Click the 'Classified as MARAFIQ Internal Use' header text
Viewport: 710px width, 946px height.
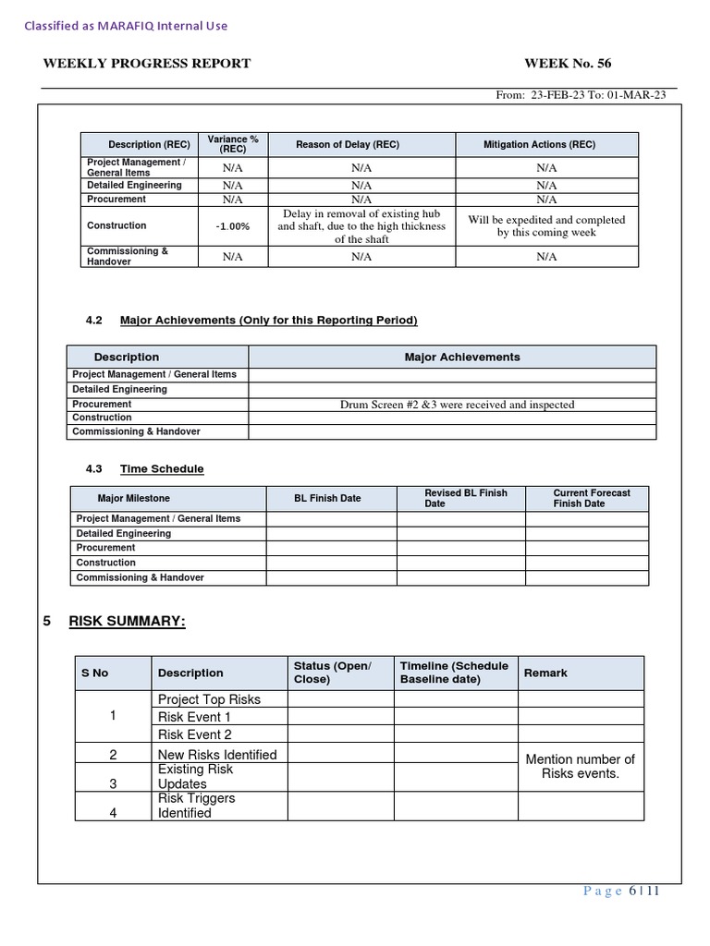pyautogui.click(x=126, y=26)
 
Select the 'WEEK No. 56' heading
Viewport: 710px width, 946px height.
pyautogui.click(x=568, y=64)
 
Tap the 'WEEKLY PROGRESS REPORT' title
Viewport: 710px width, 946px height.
pyautogui.click(x=147, y=64)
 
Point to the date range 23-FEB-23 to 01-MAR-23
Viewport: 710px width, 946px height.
pyautogui.click(x=581, y=95)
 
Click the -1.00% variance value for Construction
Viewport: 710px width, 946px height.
pyautogui.click(x=233, y=226)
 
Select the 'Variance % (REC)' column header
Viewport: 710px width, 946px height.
pyautogui.click(x=233, y=144)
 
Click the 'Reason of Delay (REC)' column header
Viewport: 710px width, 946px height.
pyautogui.click(x=348, y=144)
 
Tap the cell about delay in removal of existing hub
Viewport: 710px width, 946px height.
pyautogui.click(x=361, y=226)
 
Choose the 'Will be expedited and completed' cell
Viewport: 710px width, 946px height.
pyautogui.click(x=545, y=226)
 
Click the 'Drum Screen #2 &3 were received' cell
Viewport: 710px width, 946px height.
pyautogui.click(x=457, y=405)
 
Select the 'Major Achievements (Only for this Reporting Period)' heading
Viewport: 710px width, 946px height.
pyautogui.click(x=268, y=321)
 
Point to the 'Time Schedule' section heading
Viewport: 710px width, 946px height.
pyautogui.click(x=162, y=469)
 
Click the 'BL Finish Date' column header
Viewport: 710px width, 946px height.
pyautogui.click(x=327, y=499)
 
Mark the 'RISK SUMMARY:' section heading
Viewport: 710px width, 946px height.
pyautogui.click(x=128, y=622)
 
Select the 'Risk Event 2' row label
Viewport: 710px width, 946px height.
pyautogui.click(x=195, y=734)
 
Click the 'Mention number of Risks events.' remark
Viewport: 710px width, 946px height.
pyautogui.click(x=581, y=767)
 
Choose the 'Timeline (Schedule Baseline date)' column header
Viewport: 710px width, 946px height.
pyautogui.click(x=454, y=673)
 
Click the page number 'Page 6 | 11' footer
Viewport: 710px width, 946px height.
pyautogui.click(x=621, y=891)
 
